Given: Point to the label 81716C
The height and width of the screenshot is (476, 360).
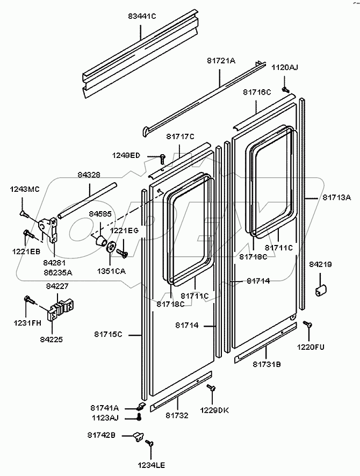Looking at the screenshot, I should point(257,92).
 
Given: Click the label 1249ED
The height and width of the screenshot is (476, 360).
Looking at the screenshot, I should point(126,155).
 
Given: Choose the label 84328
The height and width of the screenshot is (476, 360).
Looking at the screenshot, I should point(89,175).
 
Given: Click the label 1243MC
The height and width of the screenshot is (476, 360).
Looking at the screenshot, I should point(25,189).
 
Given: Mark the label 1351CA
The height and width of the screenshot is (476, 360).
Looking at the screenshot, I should point(112,271).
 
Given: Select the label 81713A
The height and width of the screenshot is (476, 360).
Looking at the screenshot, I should point(337,198).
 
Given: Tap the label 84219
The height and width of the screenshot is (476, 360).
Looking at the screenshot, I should point(321,264).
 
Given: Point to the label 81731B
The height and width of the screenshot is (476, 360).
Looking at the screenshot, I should point(267,365).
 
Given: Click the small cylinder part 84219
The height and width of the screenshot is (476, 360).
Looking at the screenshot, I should point(321,290).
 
